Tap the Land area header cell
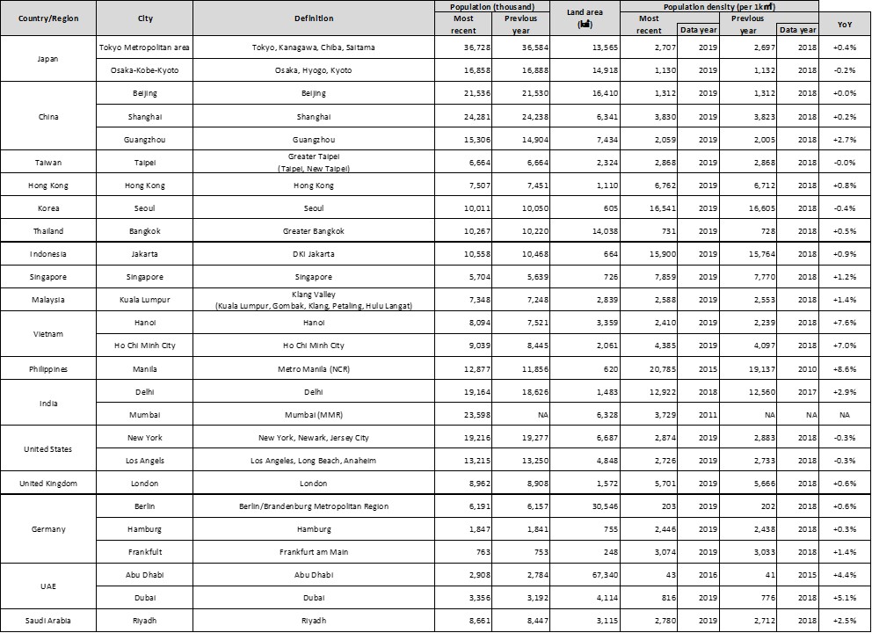(583, 18)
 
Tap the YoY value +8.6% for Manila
(845, 368)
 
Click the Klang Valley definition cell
(314, 300)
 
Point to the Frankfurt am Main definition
(314, 551)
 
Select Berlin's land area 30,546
(584, 506)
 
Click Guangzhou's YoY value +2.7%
(845, 139)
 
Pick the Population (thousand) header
(485, 6)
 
